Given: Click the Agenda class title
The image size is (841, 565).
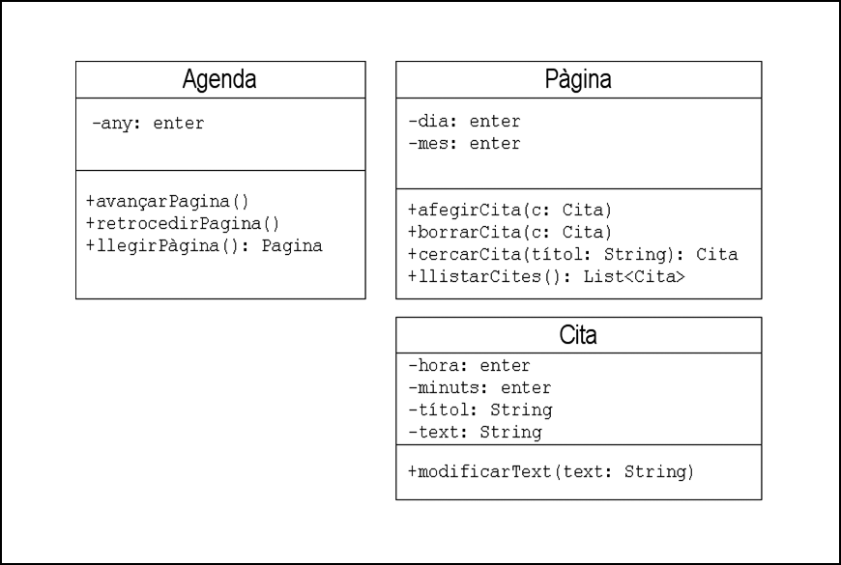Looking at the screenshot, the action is tap(219, 79).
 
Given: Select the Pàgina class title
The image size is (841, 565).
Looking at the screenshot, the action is tap(578, 79).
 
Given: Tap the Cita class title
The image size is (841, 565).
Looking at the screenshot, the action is tap(578, 335).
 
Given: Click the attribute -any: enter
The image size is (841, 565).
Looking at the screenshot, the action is tap(148, 124).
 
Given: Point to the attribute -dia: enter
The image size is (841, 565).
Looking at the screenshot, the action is tap(464, 121).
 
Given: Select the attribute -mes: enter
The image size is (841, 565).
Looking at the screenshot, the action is tap(464, 144).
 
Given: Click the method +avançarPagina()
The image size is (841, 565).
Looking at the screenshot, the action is tap(167, 202).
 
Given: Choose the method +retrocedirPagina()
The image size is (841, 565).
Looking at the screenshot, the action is tap(183, 223).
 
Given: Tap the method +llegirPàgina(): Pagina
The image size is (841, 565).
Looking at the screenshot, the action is tap(204, 246).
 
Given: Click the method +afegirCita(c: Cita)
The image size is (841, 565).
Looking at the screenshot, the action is tap(509, 211).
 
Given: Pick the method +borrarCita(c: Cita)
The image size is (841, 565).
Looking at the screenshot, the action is tap(509, 232).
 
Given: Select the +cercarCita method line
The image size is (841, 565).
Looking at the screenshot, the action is tap(573, 254).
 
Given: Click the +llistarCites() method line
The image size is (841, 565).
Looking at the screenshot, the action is tap(546, 276).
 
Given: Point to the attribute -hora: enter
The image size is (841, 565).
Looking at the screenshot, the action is tap(469, 366).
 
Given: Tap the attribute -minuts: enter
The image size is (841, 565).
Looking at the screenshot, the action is tap(479, 387).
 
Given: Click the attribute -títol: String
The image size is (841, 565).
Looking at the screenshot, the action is tap(480, 410).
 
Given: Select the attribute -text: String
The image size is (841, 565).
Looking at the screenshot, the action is tap(476, 432).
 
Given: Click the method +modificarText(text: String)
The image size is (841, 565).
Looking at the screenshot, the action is tap(551, 471).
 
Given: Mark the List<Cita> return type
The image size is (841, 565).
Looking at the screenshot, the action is tap(634, 276).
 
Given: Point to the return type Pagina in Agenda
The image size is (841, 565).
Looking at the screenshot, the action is tap(292, 246).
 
